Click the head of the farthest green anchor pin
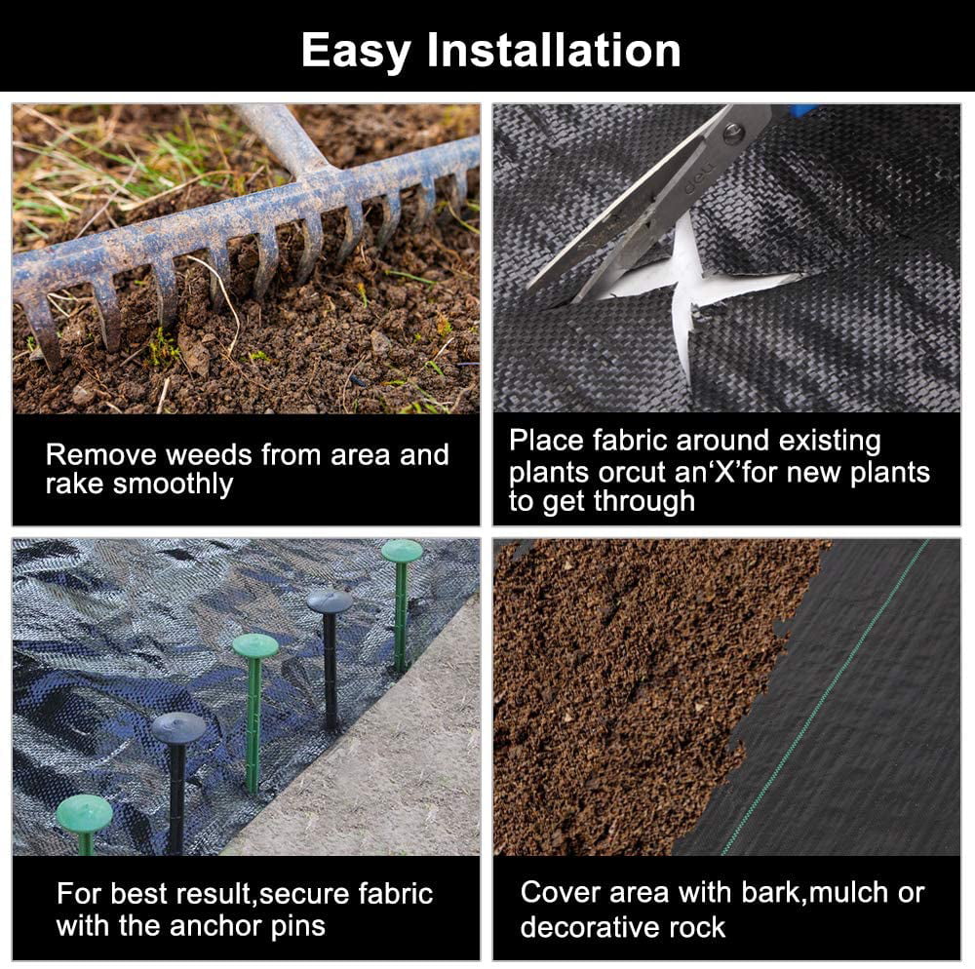[x=402, y=551]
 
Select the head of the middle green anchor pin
[x=255, y=645]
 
